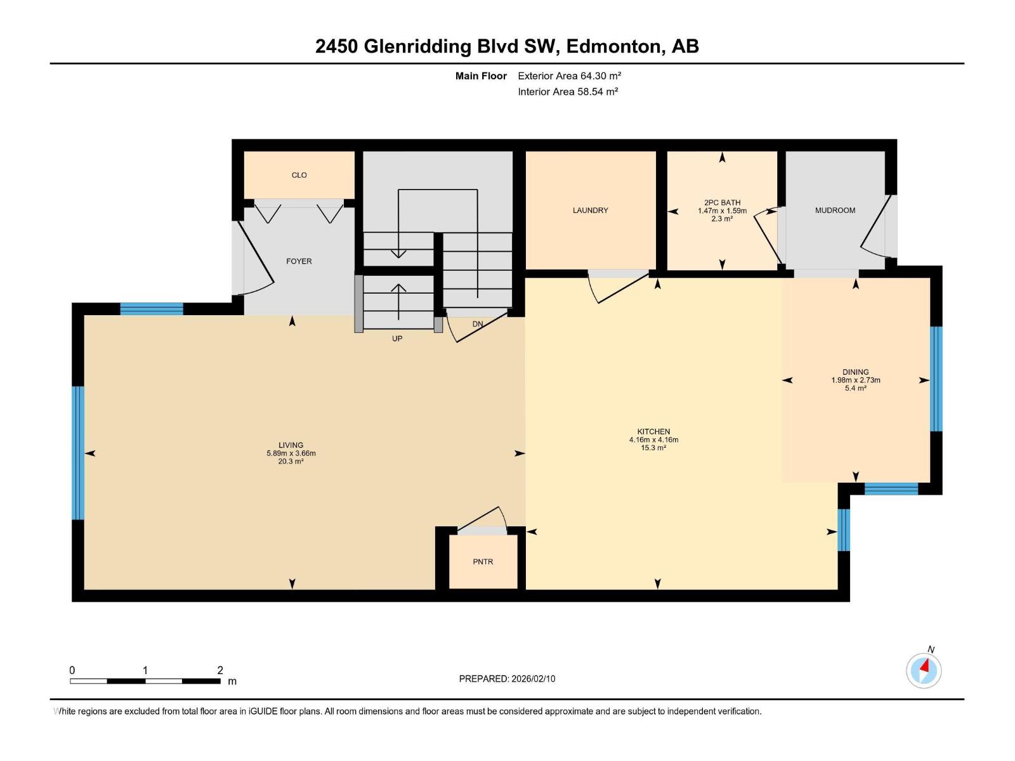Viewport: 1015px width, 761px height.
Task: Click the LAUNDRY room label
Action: (x=590, y=211)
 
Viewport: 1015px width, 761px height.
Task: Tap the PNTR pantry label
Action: (x=483, y=562)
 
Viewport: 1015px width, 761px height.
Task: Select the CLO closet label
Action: (x=299, y=175)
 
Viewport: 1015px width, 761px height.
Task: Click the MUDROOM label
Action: (x=835, y=211)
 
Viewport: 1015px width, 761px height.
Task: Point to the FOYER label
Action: (x=299, y=261)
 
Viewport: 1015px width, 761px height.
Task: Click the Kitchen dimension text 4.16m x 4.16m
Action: (x=653, y=439)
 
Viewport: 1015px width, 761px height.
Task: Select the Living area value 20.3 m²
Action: (x=291, y=462)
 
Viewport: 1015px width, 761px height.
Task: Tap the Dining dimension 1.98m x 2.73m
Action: (x=856, y=380)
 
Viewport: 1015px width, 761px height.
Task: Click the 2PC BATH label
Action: (x=722, y=203)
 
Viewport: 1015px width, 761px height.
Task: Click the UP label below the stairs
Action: (x=397, y=339)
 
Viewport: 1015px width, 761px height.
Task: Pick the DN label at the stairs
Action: (x=478, y=324)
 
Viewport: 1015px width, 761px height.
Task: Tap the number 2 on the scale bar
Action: (x=220, y=670)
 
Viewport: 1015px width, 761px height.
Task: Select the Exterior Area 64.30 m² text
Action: (x=569, y=75)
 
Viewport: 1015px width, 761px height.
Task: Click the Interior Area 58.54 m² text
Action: (x=568, y=91)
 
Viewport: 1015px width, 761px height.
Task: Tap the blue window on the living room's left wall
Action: (x=78, y=453)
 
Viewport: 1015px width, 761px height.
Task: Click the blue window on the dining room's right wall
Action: (x=936, y=379)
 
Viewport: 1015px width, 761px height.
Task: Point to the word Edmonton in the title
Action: (x=613, y=46)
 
